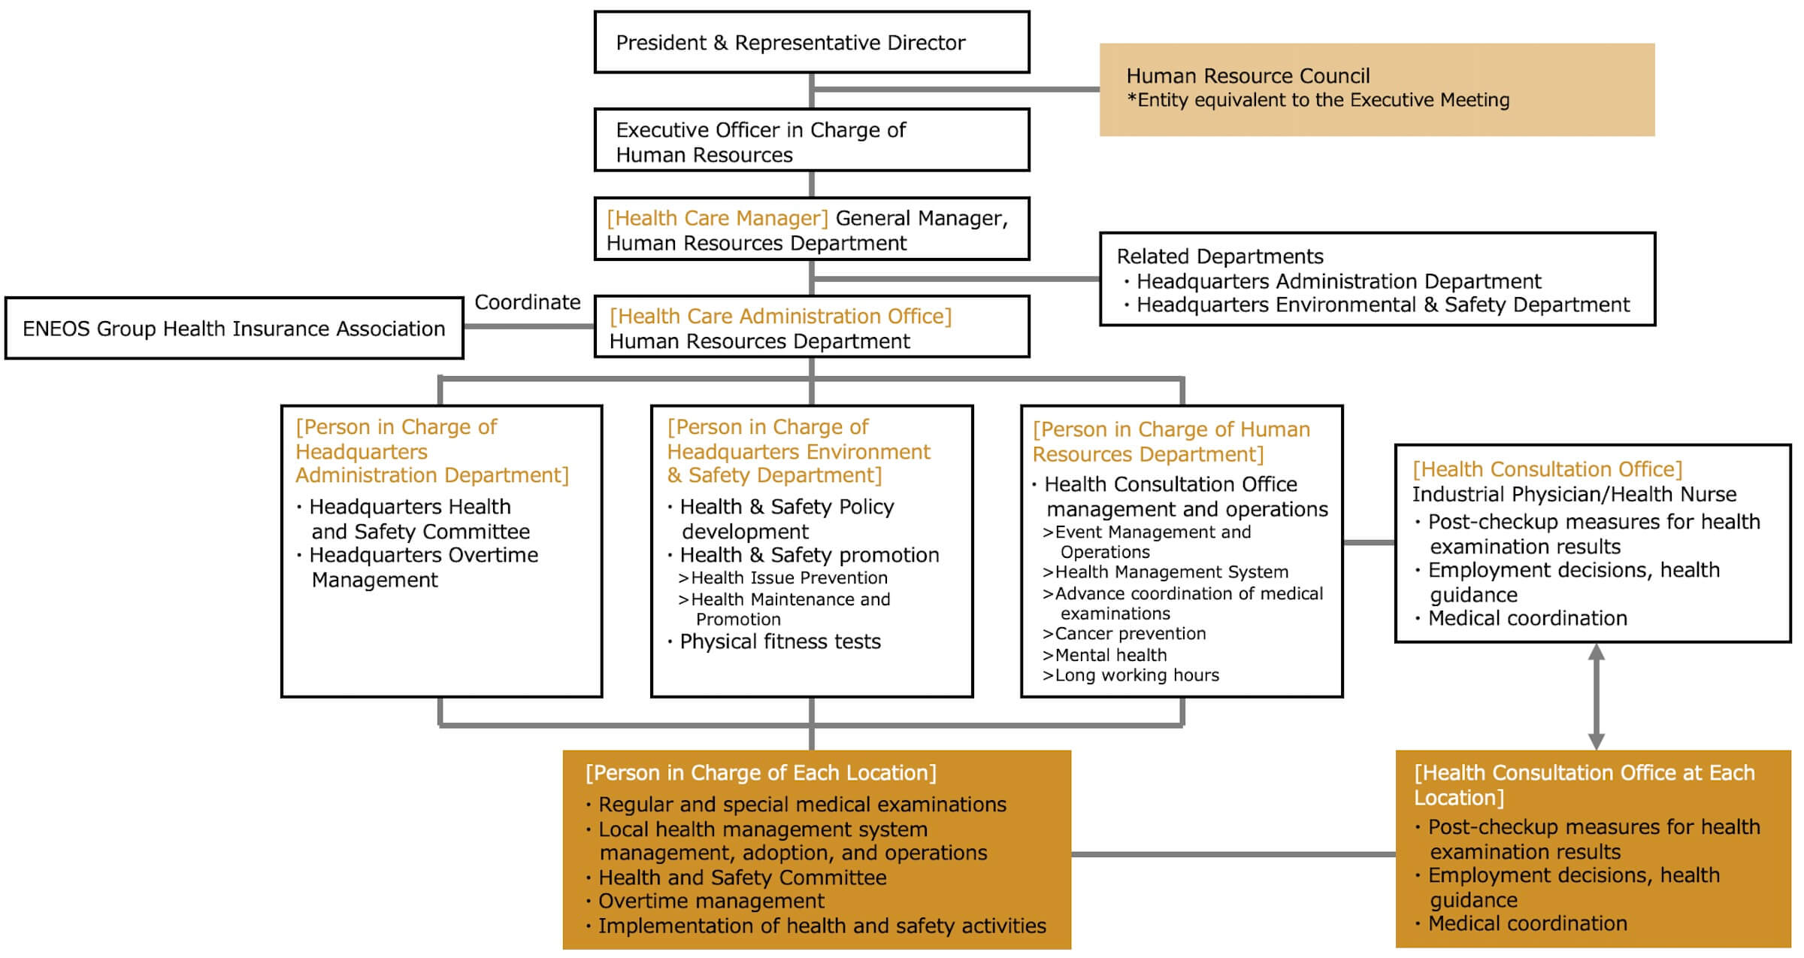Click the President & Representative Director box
pos(811,42)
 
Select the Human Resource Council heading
pos(1248,76)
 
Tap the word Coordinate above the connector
pos(527,302)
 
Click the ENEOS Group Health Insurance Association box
pos(234,329)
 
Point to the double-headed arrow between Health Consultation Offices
pos(1596,696)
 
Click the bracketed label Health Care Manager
pos(717,218)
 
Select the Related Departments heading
pos(1219,256)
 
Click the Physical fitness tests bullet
pos(779,641)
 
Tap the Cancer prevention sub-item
pos(1129,634)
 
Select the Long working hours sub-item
pos(1136,675)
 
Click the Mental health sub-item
pos(1109,655)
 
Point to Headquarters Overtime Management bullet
pos(423,566)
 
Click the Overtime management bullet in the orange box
pos(710,901)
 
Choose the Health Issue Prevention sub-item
pos(788,578)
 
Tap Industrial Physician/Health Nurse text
pos(1574,494)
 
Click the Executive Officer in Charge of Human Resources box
pos(811,141)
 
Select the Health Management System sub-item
pos(1170,572)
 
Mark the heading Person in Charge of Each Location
pos(761,773)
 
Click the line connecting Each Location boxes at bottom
pos(1233,854)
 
